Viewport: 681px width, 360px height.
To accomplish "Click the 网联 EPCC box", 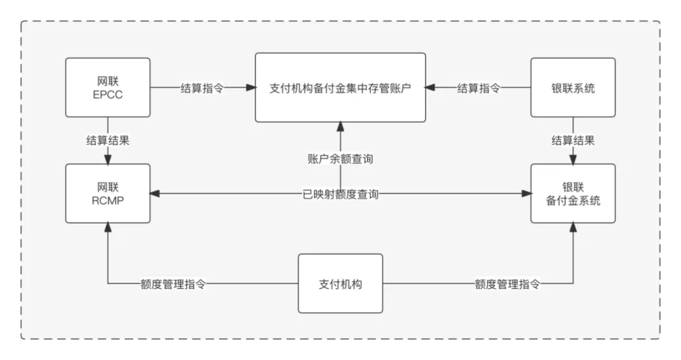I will click(x=108, y=88).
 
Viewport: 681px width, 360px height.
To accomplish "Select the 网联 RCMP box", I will click(x=108, y=193).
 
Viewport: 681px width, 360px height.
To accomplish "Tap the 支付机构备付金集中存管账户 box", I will click(x=340, y=88).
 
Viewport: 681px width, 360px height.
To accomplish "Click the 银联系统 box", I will click(x=573, y=88).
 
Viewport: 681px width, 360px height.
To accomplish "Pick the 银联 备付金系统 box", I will click(x=573, y=193).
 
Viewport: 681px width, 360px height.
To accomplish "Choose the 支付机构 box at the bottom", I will click(x=340, y=284).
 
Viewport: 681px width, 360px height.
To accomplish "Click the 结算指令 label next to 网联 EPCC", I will click(x=202, y=88).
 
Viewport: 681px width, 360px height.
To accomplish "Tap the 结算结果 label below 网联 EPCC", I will click(x=108, y=140).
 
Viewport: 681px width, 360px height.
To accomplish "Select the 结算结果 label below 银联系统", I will click(x=573, y=140).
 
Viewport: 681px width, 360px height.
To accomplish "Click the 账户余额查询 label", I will click(x=340, y=159).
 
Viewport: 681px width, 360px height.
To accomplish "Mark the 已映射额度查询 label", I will click(x=340, y=194).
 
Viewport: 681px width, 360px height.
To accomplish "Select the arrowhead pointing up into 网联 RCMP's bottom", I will click(x=108, y=228).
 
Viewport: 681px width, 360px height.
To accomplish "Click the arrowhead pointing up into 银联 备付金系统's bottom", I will click(x=573, y=228).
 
